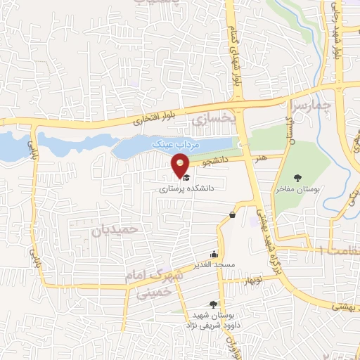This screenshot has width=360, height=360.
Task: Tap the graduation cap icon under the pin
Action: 185,179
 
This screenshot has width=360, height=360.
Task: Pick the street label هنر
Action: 261,158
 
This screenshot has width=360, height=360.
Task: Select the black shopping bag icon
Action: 232,214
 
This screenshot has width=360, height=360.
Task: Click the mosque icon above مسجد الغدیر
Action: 214,254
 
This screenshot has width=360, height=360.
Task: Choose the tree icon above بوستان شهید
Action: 213,304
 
